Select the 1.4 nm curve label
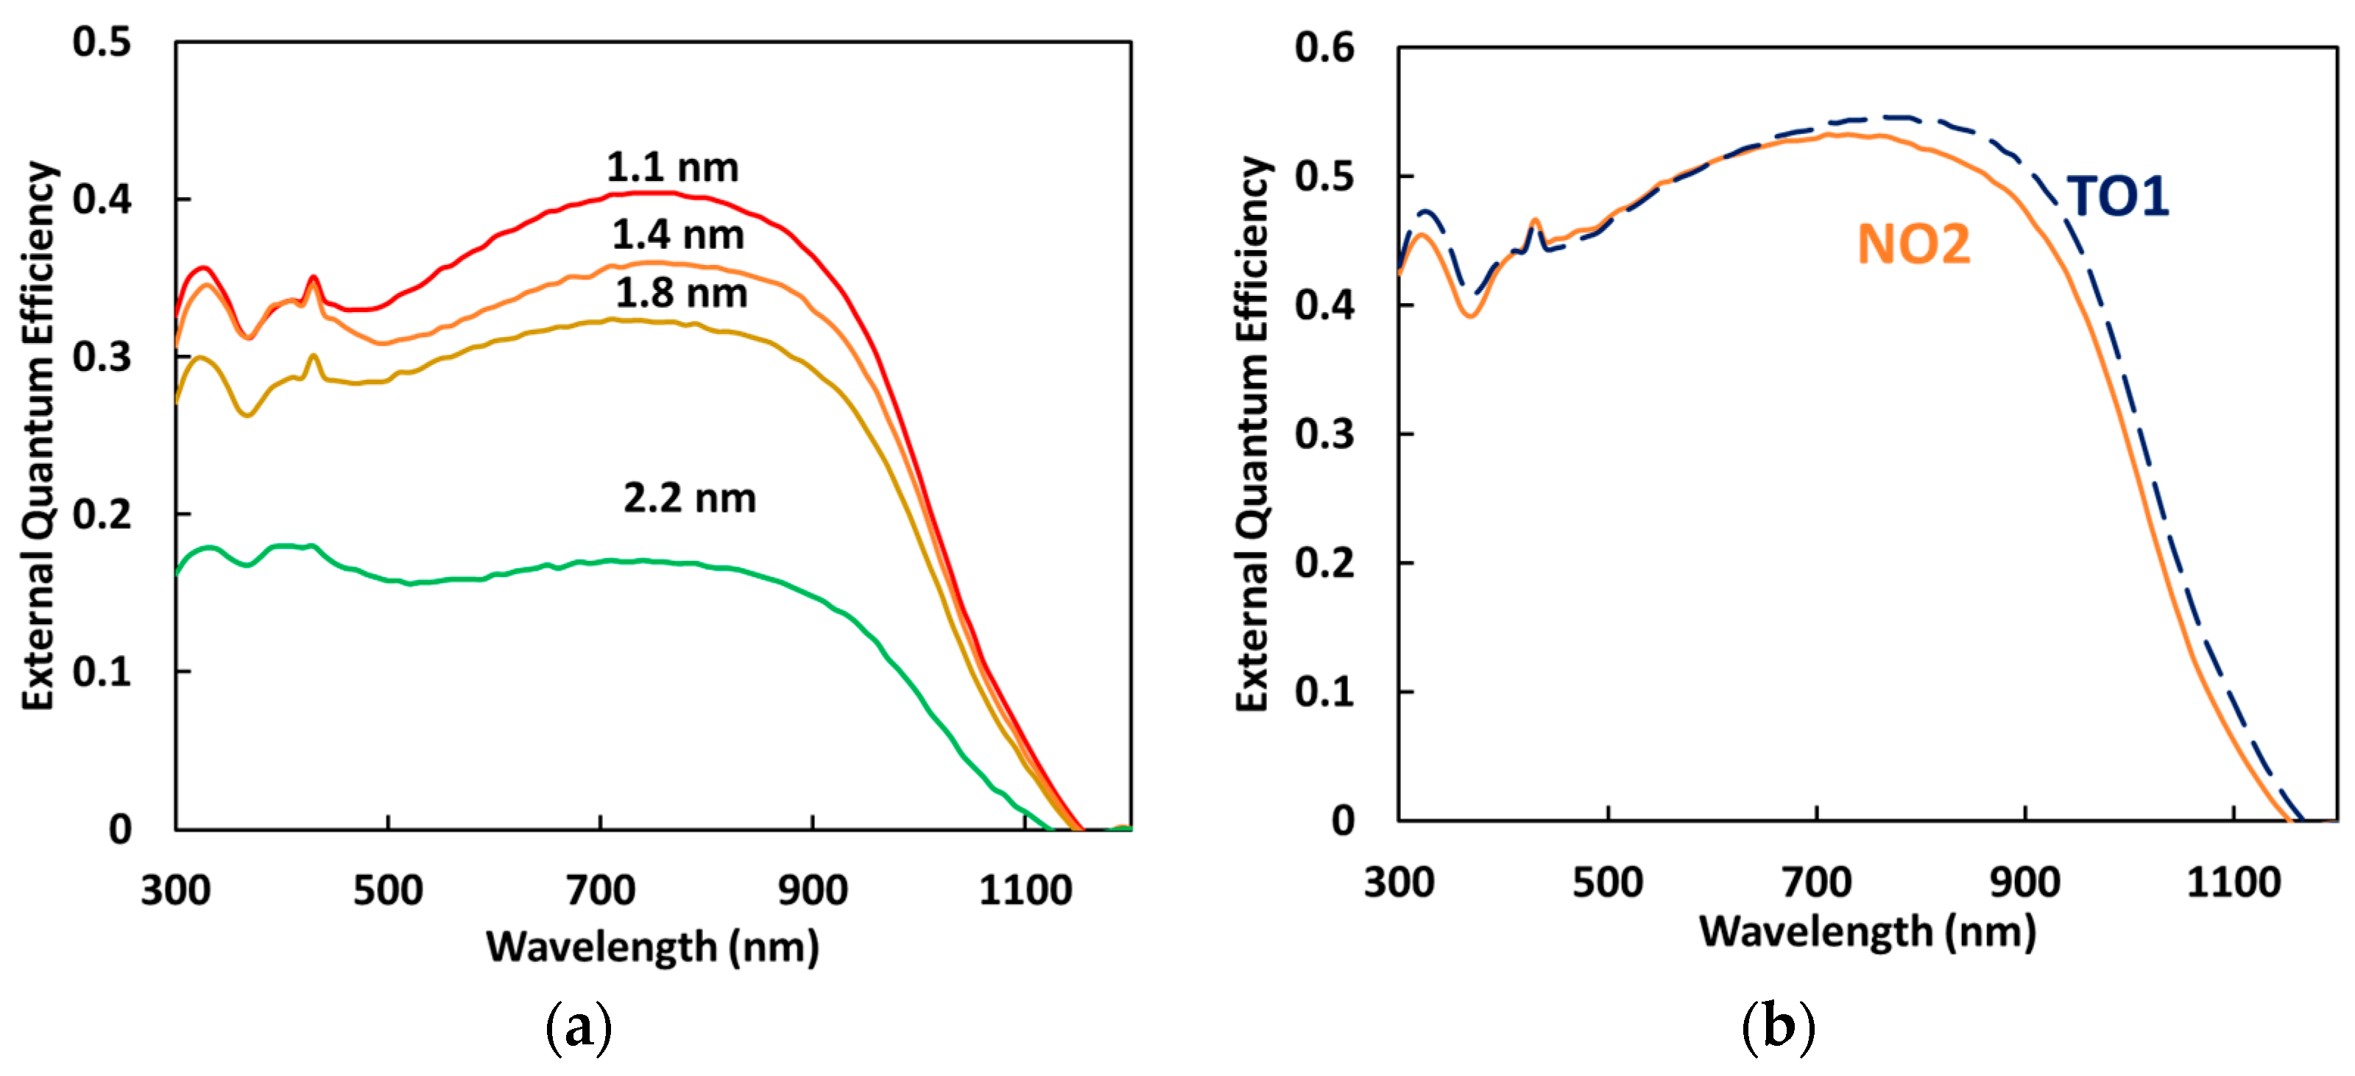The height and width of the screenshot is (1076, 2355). coord(677,236)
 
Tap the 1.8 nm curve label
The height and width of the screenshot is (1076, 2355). coord(681,294)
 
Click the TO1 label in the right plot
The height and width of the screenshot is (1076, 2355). coord(2118,197)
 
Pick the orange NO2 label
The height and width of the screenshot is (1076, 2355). coord(1913,245)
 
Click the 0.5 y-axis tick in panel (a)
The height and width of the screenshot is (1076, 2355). coord(102,43)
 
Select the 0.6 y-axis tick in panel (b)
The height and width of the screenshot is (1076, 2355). coord(1323,48)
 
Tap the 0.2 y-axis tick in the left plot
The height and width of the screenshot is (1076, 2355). coord(102,514)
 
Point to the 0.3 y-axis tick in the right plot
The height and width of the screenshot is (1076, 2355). coord(1323,434)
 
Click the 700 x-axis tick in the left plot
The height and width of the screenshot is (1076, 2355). coord(600,890)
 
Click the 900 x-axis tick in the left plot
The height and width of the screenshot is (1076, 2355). coord(812,890)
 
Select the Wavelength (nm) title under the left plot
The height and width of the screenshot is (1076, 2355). coord(652,946)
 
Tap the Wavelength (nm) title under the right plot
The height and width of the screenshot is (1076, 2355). coord(1867,932)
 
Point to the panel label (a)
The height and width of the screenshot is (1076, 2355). coord(578,1028)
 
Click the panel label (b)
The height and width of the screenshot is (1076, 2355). coord(1777,1027)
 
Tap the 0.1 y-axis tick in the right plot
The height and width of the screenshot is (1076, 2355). coord(1323,692)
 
